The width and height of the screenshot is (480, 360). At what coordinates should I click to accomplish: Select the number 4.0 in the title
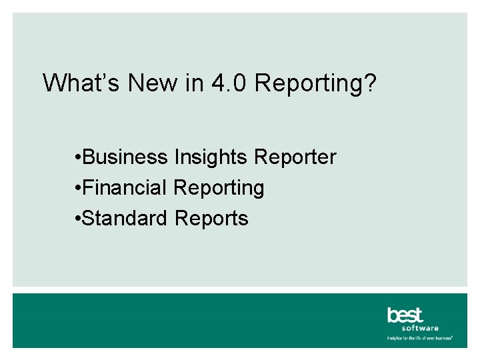click(x=229, y=83)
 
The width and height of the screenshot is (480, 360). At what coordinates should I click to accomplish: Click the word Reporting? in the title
click(x=315, y=85)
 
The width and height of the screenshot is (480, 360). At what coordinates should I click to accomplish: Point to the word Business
click(x=126, y=157)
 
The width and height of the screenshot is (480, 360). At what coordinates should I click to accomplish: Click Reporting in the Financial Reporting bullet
click(x=219, y=189)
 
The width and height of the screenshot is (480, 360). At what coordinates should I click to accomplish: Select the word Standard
click(x=126, y=218)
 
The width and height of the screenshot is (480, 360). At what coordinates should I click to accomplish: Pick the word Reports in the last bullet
click(x=211, y=219)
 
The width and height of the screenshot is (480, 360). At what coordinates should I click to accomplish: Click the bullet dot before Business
click(x=79, y=158)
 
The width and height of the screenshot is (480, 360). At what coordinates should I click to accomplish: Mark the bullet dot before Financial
click(x=79, y=189)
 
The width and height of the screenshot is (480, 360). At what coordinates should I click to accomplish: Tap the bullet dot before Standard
click(x=79, y=219)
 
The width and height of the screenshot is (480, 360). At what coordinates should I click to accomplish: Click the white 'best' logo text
click(x=405, y=315)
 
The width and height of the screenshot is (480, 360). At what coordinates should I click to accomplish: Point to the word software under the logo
click(x=420, y=328)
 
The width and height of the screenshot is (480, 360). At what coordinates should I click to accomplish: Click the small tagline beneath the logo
click(x=420, y=338)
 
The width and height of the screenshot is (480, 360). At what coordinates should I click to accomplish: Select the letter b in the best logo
click(x=392, y=315)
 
